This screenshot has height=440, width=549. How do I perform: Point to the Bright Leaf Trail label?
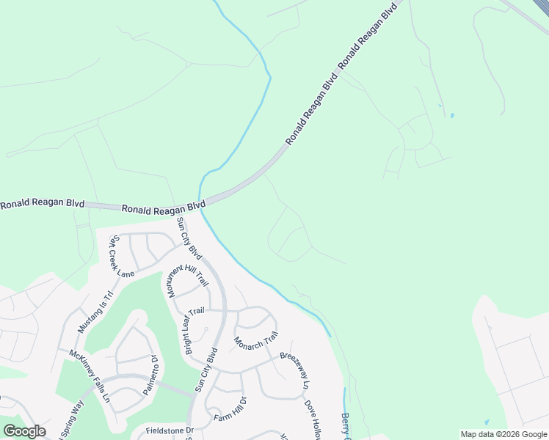point(194,331)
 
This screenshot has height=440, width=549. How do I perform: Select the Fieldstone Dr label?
point(168,430)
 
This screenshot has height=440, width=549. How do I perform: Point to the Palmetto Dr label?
point(150,376)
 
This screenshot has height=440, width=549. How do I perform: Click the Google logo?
point(24,431)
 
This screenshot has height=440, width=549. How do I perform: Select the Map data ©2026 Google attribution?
point(504,434)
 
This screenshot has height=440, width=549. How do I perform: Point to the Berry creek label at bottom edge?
point(345,426)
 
